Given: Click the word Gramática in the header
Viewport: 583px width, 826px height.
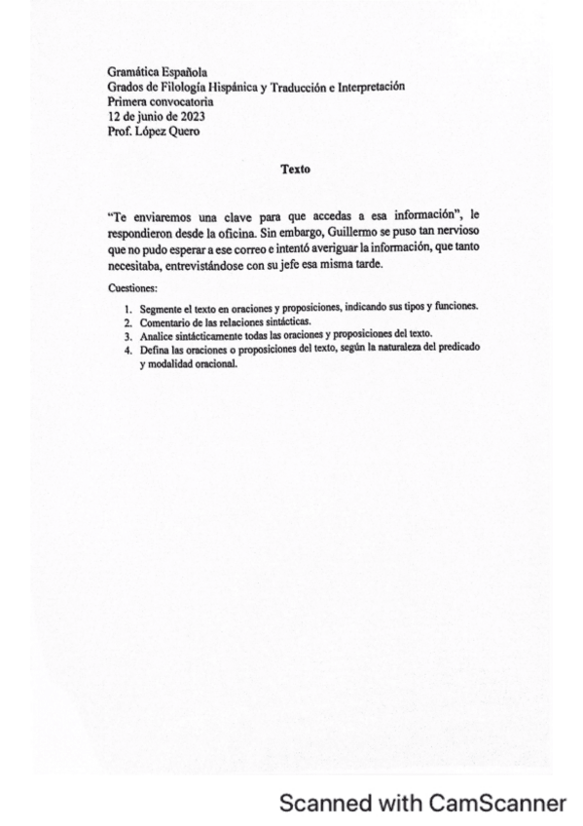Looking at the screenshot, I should (133, 73).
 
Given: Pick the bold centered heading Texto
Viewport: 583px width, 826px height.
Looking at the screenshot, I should (295, 169).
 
